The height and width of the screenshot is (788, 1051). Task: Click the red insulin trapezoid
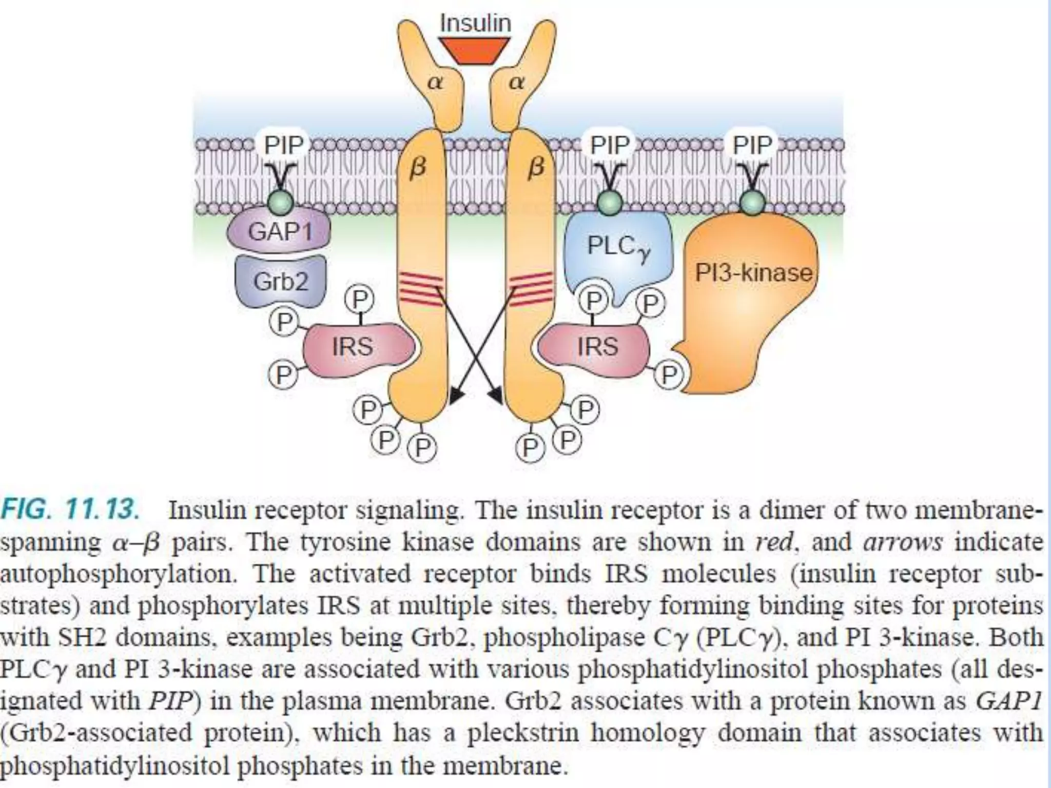[475, 51]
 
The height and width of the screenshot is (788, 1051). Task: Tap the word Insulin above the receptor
[476, 23]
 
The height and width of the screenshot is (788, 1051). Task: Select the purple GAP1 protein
[280, 231]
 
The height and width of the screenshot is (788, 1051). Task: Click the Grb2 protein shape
[280, 281]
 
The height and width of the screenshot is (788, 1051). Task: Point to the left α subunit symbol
[435, 82]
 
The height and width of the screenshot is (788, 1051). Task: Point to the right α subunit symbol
[517, 82]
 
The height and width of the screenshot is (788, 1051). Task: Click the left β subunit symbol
[418, 168]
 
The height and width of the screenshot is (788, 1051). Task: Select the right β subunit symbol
[535, 168]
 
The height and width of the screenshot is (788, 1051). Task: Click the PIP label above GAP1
[284, 145]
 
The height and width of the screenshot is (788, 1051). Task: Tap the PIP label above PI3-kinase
[752, 145]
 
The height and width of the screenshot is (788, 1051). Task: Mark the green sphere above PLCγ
[610, 203]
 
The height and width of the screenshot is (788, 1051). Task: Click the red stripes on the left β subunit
[421, 289]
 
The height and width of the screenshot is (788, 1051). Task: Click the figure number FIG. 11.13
[70, 510]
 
